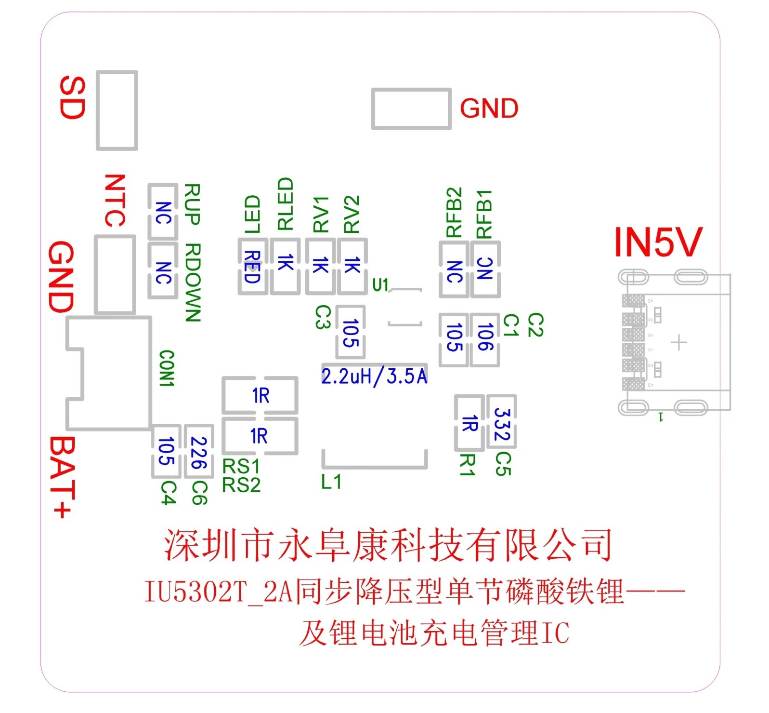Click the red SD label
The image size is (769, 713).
72,97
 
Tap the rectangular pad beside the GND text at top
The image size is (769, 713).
411,109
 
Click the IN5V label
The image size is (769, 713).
658,242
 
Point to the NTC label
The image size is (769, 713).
115,201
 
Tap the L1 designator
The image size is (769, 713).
331,482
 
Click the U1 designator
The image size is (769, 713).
380,285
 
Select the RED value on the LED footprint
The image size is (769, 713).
252,267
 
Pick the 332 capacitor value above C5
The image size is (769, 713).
502,424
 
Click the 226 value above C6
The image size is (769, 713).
198,453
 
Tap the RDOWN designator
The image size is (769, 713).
193,283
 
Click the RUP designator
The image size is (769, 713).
192,204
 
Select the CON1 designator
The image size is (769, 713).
167,368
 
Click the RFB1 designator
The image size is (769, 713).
484,214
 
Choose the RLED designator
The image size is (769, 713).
285,203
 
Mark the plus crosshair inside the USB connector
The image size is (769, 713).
678,343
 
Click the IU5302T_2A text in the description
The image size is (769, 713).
219,592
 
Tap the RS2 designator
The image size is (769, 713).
241,485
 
